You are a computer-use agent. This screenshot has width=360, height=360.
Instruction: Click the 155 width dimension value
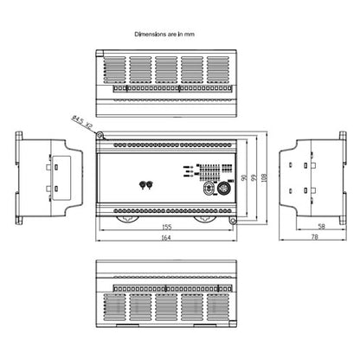165,229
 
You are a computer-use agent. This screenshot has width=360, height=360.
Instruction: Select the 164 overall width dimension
164,241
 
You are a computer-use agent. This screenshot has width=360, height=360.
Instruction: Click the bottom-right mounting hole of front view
231,220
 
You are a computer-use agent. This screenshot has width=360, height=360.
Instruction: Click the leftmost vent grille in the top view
114,68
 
